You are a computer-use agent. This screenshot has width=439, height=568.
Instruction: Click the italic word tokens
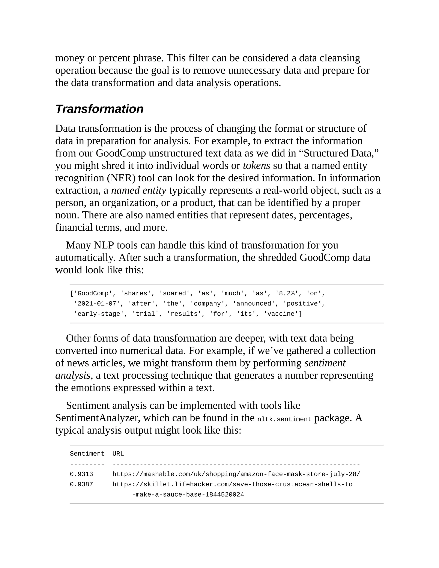coord(256,166)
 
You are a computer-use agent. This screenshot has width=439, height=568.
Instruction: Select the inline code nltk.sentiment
coord(284,419)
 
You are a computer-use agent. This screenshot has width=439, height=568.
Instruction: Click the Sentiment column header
coord(87,454)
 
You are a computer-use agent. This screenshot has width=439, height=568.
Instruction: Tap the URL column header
coord(118,454)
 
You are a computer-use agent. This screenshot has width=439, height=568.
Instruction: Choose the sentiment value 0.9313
coord(81,474)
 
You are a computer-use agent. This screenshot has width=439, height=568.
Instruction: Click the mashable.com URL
coord(236,474)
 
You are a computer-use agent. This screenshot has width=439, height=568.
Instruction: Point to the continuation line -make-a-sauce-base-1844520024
coord(188,494)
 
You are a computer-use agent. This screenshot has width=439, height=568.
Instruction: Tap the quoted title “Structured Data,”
coord(341,153)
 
